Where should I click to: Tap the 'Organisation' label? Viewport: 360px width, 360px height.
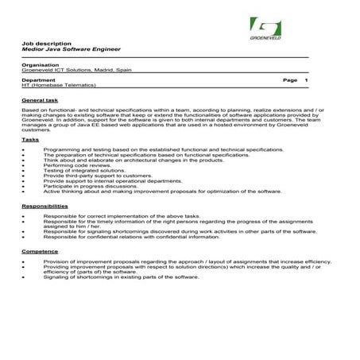click(41, 64)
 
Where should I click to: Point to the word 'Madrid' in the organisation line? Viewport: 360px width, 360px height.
click(104, 70)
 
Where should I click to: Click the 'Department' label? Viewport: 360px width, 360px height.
click(39, 81)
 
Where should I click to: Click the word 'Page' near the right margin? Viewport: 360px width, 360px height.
click(289, 81)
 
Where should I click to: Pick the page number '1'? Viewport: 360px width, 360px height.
click(307, 81)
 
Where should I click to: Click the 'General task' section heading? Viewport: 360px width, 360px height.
click(40, 100)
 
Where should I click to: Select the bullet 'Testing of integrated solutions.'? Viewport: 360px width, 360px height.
click(84, 170)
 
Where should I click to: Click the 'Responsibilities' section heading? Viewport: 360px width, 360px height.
click(45, 206)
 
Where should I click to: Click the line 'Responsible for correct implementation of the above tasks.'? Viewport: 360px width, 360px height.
click(121, 216)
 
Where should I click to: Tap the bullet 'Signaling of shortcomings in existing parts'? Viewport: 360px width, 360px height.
click(121, 277)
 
